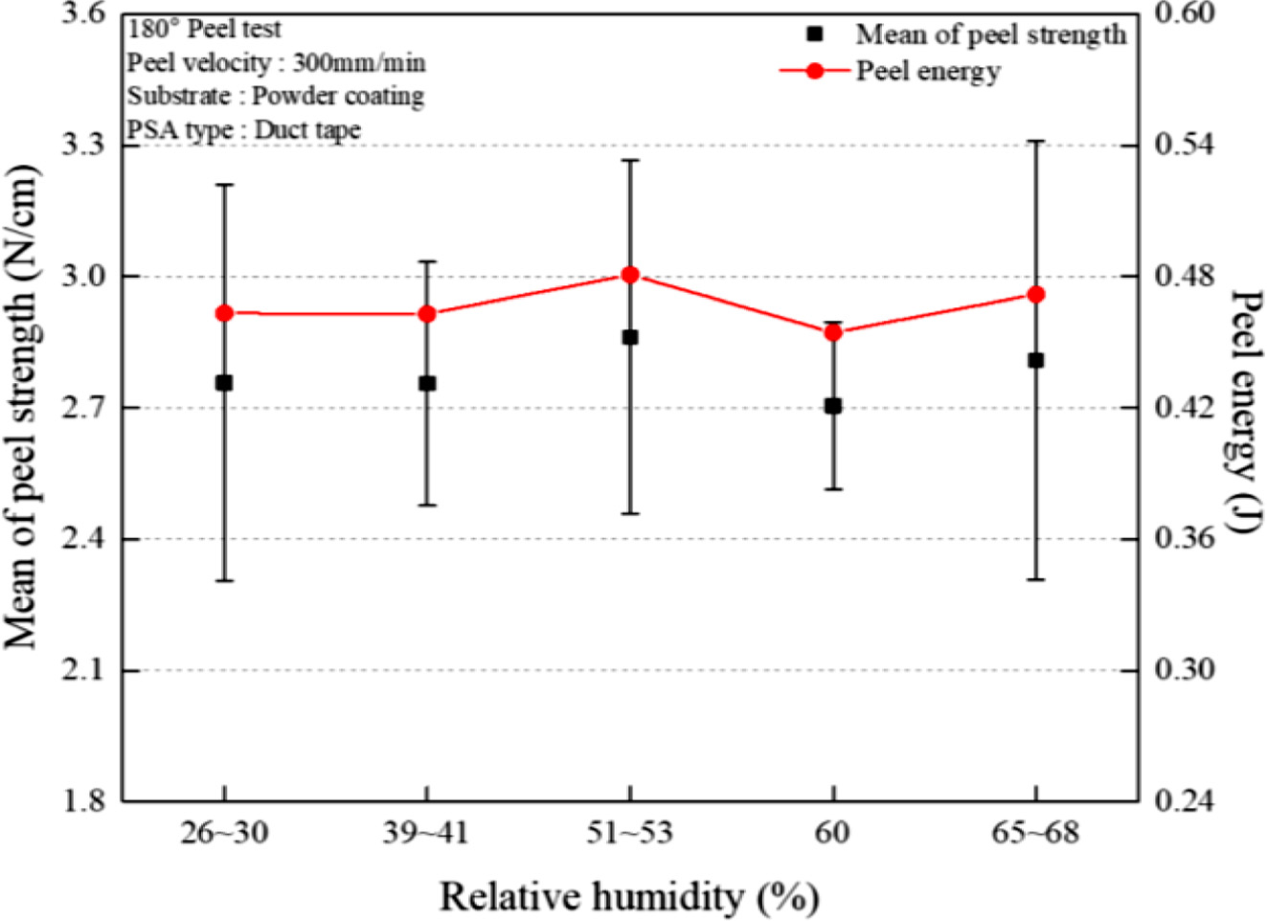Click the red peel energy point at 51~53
click(630, 275)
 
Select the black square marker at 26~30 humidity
click(224, 383)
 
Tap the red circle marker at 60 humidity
click(833, 332)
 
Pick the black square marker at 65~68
click(1035, 360)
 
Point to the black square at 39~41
click(427, 384)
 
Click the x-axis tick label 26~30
click(224, 833)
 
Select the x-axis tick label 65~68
click(1035, 833)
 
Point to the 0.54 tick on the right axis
click(1184, 145)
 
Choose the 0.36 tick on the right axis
click(1184, 538)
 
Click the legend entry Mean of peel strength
click(990, 34)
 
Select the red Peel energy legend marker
click(815, 71)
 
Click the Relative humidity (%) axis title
click(629, 898)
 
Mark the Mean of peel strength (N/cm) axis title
click(23, 407)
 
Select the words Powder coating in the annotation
click(338, 97)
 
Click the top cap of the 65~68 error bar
click(1035, 141)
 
